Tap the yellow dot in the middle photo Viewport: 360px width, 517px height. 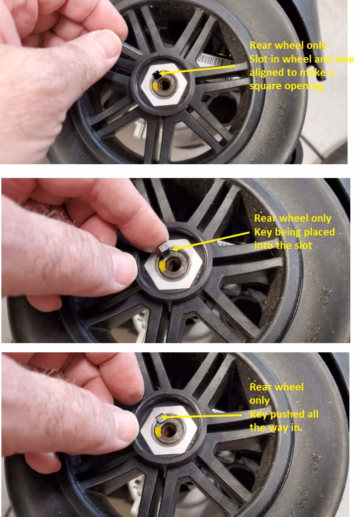click(162, 267)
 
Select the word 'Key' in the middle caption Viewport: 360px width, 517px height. click(263, 232)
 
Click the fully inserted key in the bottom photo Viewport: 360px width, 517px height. click(159, 418)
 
